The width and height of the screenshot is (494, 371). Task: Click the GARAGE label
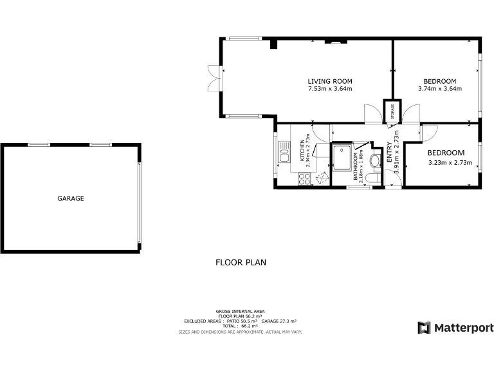(x=71, y=198)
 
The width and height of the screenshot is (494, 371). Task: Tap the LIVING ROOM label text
(x=330, y=81)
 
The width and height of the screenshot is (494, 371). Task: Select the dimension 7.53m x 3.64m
(x=330, y=89)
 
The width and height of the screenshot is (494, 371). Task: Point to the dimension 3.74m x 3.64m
(x=440, y=89)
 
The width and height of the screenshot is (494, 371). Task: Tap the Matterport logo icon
(x=424, y=328)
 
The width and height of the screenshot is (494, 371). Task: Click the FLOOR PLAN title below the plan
(x=241, y=263)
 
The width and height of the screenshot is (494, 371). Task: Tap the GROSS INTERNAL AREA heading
(x=240, y=311)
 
